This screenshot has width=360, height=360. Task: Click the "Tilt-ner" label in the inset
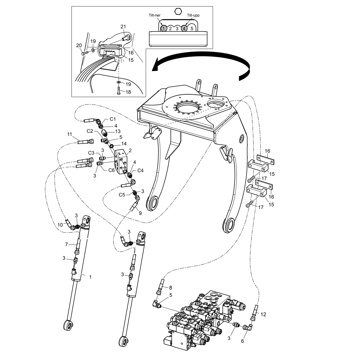point(155,15)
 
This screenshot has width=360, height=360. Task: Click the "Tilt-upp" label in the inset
point(193,15)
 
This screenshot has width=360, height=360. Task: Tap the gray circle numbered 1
point(164,28)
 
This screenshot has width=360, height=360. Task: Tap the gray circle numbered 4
point(184,28)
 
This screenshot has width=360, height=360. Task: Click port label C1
point(113,119)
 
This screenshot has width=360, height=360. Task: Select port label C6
point(111,170)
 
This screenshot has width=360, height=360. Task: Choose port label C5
point(122,195)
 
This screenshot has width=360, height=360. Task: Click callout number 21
point(123,27)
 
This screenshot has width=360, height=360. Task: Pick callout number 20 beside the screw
point(79,46)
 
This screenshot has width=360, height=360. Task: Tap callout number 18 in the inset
point(128,92)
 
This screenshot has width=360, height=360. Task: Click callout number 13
point(118,131)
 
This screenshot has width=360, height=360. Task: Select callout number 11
point(70,134)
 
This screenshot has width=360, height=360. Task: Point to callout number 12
point(263,314)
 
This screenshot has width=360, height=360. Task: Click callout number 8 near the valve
point(170,287)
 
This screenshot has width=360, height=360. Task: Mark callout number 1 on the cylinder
point(90,277)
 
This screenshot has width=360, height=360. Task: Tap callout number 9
point(140,213)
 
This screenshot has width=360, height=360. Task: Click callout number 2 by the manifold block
point(130,150)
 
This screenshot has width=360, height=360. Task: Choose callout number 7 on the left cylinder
point(66,245)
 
